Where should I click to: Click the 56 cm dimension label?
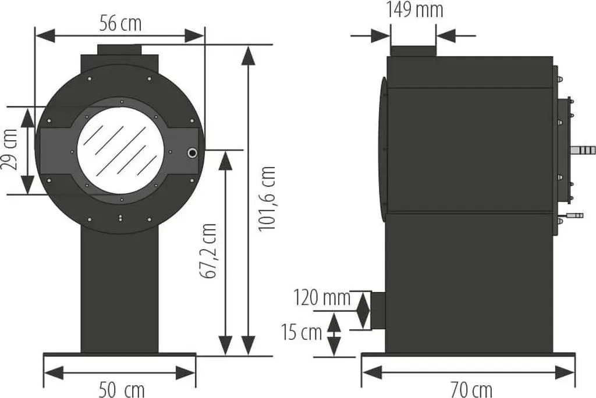point(120,24)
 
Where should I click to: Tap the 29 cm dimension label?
point(10,150)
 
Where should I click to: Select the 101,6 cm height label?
point(267,198)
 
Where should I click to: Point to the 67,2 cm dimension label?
point(208,251)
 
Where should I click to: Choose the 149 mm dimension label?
point(414,9)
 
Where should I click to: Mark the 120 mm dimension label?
point(322,298)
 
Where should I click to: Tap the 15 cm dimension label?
point(301,332)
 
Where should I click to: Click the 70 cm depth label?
point(471,389)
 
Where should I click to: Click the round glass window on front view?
point(121,151)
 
